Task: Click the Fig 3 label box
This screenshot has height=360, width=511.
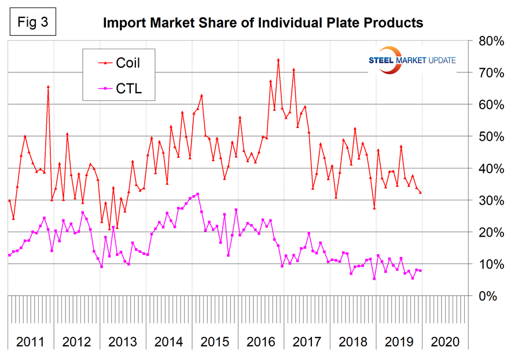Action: tap(30, 24)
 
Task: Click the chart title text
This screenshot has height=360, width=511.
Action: tap(263, 23)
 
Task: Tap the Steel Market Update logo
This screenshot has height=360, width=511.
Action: tap(411, 60)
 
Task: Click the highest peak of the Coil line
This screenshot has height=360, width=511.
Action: tap(278, 60)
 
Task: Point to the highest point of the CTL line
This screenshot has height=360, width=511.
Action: tap(198, 194)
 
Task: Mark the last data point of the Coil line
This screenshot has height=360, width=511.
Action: tap(420, 193)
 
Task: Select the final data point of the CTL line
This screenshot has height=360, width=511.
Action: tap(420, 271)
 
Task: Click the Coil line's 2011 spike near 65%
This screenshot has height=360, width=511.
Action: tap(48, 87)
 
